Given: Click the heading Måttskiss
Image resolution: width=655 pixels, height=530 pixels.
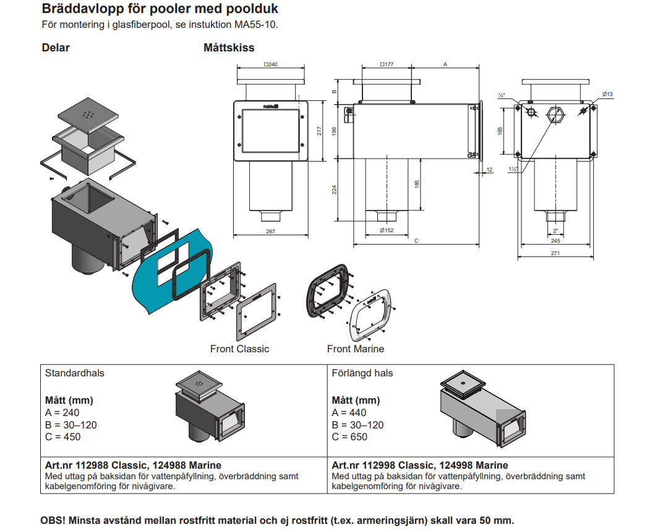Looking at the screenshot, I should (229, 48).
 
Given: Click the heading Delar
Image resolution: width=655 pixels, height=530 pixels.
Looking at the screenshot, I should (56, 48).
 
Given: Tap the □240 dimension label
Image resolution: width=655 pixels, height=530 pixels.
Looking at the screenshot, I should (270, 64).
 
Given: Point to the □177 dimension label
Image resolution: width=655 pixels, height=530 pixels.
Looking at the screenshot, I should (387, 64).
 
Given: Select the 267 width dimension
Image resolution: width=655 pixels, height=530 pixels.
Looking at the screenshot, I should (270, 232).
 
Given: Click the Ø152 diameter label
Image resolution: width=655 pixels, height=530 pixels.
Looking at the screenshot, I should (387, 230).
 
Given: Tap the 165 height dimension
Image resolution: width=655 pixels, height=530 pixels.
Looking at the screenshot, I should (500, 130).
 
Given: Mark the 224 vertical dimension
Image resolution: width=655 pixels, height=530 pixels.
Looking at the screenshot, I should (335, 190).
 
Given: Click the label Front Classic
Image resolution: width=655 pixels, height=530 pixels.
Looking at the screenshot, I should (239, 349).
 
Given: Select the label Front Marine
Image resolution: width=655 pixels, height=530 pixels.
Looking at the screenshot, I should (356, 349).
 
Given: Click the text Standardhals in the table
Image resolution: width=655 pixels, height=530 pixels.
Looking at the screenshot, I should (75, 373).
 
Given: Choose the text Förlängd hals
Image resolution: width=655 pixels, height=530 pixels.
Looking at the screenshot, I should (362, 373).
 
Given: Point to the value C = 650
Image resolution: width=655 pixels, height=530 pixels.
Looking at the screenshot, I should (349, 437).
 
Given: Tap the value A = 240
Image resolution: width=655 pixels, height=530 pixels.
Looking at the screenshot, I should (62, 413).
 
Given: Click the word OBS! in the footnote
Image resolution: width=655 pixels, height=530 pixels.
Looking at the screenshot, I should (54, 520).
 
